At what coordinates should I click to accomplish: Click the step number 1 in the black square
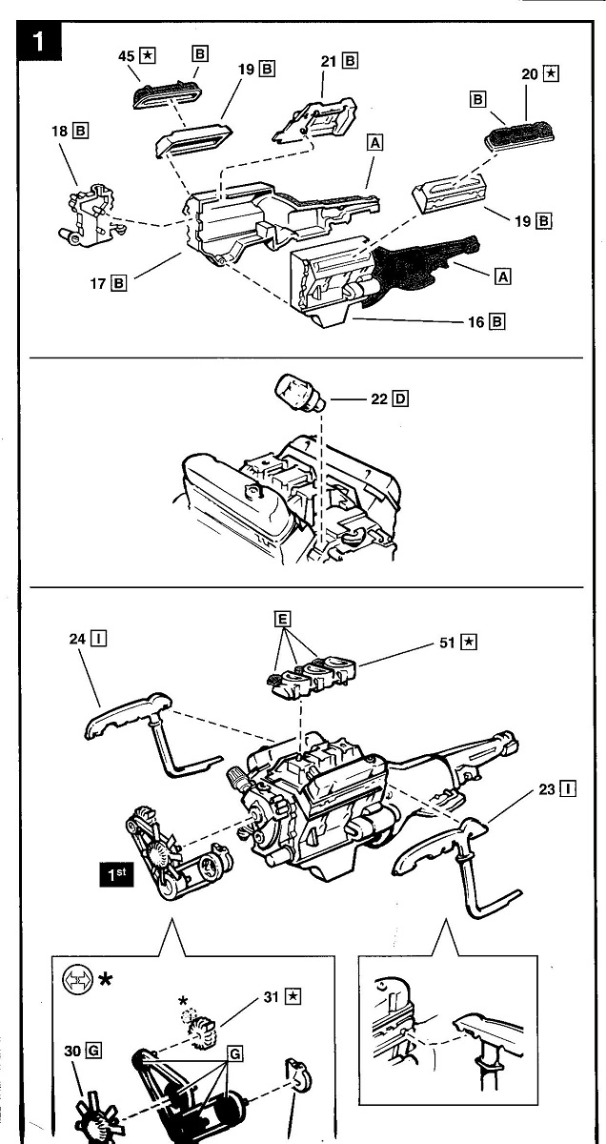click(x=38, y=42)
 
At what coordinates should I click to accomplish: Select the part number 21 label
click(x=329, y=60)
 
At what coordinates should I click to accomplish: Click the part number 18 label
click(x=59, y=131)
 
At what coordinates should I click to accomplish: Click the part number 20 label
click(x=530, y=72)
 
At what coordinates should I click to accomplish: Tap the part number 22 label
click(x=378, y=398)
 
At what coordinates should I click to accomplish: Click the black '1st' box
click(x=118, y=873)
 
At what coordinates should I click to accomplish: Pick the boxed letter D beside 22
click(x=399, y=398)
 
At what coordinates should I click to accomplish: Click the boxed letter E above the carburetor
click(x=282, y=619)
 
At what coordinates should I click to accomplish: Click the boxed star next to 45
click(x=148, y=54)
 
